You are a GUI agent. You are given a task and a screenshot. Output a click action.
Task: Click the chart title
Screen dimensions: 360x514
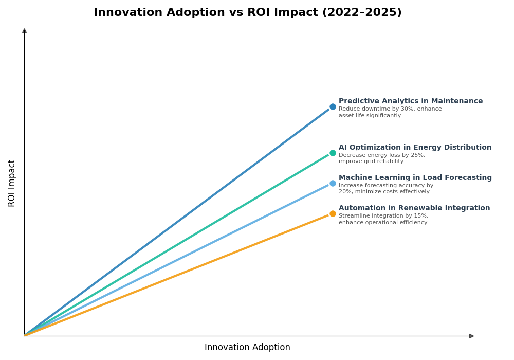coord(247,12)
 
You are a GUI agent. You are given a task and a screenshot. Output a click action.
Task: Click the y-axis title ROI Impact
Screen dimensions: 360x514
coord(12,183)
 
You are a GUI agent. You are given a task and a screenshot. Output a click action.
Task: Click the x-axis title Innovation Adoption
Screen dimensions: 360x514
coord(247,348)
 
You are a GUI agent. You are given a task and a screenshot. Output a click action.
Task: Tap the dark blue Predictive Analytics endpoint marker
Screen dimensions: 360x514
coord(333,107)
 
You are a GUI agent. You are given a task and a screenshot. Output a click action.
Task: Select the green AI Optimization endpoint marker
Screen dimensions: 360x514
coord(333,153)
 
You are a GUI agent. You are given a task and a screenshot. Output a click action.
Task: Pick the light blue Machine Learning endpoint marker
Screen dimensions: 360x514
coord(333,183)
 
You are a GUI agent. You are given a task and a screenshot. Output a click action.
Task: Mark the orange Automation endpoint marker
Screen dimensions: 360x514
coord(333,214)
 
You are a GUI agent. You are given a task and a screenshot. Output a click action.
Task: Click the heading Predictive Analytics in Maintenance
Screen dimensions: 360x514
coord(410,101)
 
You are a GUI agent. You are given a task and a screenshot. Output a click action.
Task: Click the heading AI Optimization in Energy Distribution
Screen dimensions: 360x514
coord(415,148)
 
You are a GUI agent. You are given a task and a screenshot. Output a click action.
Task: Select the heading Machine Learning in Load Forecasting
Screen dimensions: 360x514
coord(415,178)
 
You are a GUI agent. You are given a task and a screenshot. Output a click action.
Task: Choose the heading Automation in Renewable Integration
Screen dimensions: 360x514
coord(414,208)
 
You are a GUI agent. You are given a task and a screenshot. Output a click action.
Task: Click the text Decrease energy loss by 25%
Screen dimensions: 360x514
coord(381,155)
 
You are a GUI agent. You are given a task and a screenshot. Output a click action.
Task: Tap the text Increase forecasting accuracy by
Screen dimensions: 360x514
coord(385,186)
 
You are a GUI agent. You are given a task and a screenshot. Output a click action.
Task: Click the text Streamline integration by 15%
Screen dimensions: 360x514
coord(383,216)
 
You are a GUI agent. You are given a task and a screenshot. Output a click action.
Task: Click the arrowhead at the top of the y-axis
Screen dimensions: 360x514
coord(24,31)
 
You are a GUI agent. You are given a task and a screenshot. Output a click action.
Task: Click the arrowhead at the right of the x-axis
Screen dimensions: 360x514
coord(471,336)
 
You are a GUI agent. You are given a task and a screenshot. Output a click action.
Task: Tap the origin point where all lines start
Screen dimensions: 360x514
coord(25,335)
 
